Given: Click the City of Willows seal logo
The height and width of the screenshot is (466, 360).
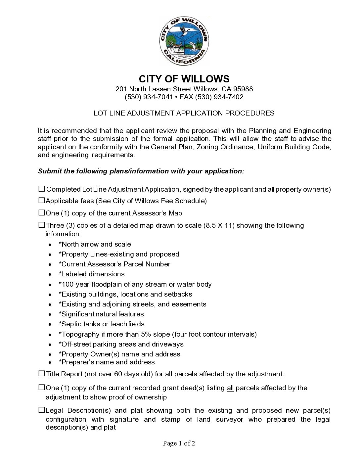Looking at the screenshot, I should click(184, 41).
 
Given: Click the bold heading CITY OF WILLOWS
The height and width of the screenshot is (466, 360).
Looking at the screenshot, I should click(184, 79).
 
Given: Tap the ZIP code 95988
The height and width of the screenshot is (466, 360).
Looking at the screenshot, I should click(243, 89).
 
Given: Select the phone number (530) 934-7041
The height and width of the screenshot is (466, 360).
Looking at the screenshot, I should click(149, 97).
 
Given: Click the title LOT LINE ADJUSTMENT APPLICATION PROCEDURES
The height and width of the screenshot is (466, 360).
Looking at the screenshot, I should click(184, 113).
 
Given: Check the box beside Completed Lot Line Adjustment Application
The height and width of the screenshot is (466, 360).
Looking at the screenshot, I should click(42, 189).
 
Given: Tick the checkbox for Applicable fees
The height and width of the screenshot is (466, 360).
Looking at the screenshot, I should click(42, 200).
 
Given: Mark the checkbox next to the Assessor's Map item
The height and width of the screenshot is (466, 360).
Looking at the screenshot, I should click(42, 212).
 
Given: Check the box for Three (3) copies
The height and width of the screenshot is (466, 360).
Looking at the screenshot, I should click(42, 225).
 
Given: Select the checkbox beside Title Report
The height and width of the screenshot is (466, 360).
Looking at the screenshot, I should click(42, 373).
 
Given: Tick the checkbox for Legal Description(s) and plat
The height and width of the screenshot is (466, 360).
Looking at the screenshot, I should click(42, 410).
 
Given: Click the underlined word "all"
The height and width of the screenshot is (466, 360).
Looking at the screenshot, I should click(230, 388).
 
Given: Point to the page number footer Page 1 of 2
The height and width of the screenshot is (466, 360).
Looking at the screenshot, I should click(179, 443).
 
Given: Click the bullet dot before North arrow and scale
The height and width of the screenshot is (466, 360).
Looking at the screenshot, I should click(50, 245).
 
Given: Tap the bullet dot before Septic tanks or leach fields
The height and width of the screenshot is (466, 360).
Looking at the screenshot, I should click(50, 324).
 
